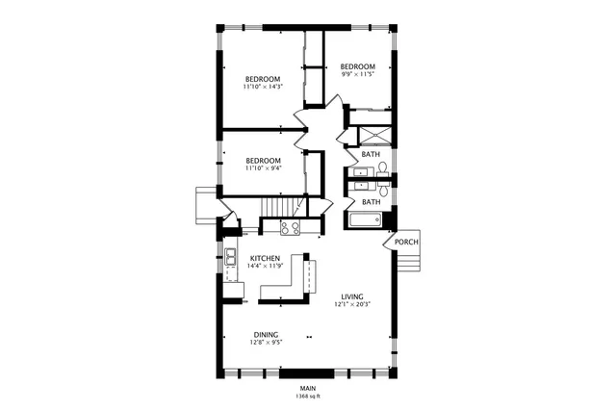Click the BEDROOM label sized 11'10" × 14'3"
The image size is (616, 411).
pyautogui.click(x=262, y=79)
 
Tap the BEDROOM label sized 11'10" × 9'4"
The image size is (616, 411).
pyautogui.click(x=262, y=161)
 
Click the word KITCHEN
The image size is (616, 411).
pyautogui.click(x=265, y=259)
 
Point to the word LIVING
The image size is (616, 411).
pyautogui.click(x=353, y=295)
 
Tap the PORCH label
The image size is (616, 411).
pyautogui.click(x=406, y=242)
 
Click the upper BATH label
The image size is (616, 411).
pyautogui.click(x=371, y=154)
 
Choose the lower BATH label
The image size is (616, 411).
pyautogui.click(x=371, y=202)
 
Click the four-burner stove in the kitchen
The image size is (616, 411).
pyautogui.click(x=290, y=228)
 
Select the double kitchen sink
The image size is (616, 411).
pyautogui.click(x=231, y=257)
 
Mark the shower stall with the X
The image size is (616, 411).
pyautogui.click(x=370, y=132)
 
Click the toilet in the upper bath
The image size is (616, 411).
pyautogui.click(x=382, y=170)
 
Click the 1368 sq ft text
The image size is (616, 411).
pyautogui.click(x=308, y=396)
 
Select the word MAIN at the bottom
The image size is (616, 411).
pyautogui.click(x=308, y=388)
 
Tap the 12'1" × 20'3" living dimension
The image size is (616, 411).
pyautogui.click(x=353, y=304)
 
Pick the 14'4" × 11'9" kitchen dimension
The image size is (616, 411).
pyautogui.click(x=267, y=267)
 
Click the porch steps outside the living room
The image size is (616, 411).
pyautogui.click(x=408, y=261)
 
